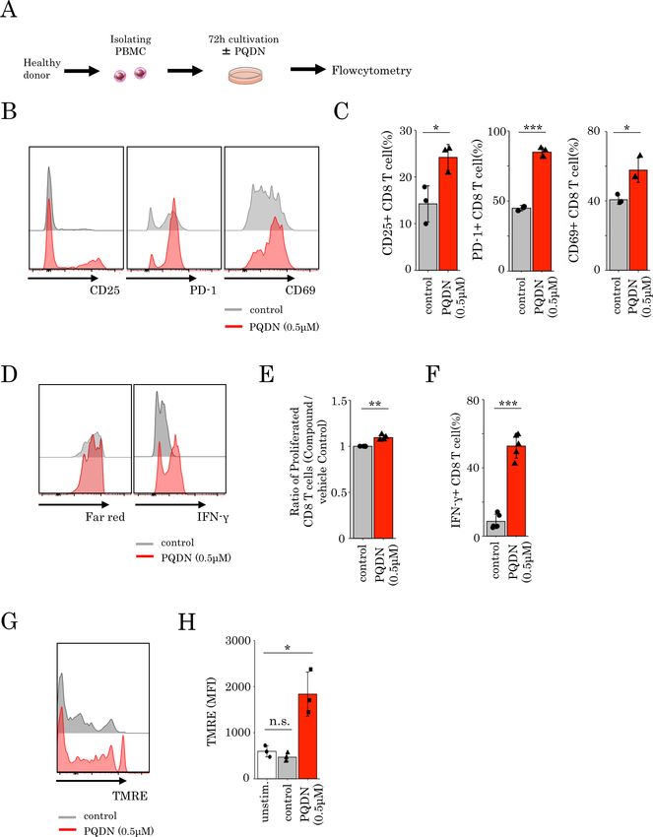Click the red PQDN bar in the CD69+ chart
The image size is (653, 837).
click(x=640, y=221)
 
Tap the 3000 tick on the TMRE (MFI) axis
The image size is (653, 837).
click(x=231, y=641)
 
